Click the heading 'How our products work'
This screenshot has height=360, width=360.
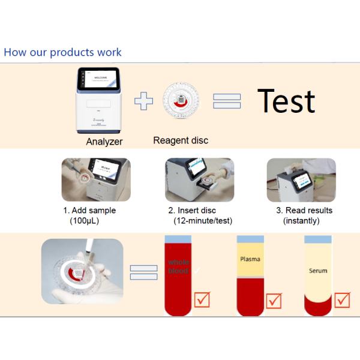62,52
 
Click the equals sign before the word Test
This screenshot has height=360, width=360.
227,101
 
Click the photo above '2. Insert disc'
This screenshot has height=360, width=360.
198,181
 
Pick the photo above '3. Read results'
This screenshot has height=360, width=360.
301,181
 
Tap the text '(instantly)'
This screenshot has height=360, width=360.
301,221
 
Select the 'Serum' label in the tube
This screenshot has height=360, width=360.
318,271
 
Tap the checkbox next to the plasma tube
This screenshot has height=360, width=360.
274,300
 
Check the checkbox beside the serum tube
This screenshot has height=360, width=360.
343,299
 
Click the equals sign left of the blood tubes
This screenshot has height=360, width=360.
143,273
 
